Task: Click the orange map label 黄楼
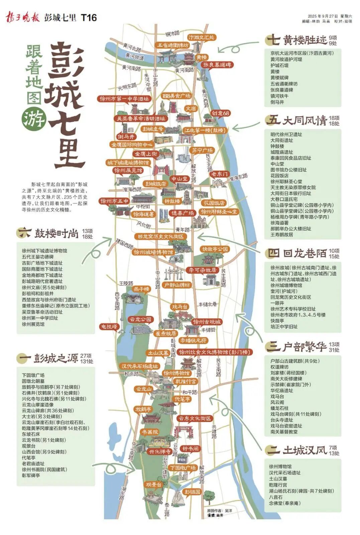[x=201, y=58]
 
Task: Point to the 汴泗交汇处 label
[x=201, y=37]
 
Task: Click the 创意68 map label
[x=220, y=113]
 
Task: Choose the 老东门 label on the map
[x=219, y=174]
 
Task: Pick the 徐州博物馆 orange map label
[x=176, y=373]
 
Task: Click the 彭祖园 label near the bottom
[x=193, y=492]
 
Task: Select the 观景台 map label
[x=153, y=485]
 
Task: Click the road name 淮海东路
[x=238, y=177]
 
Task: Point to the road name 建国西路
[x=124, y=244]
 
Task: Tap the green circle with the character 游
[x=34, y=118]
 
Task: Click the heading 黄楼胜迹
[x=305, y=40]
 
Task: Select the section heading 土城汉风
[x=305, y=450]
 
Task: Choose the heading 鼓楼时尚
[x=56, y=233]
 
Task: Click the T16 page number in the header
[x=89, y=17]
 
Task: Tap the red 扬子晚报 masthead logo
[x=22, y=17]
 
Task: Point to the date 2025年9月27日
[x=323, y=16]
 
